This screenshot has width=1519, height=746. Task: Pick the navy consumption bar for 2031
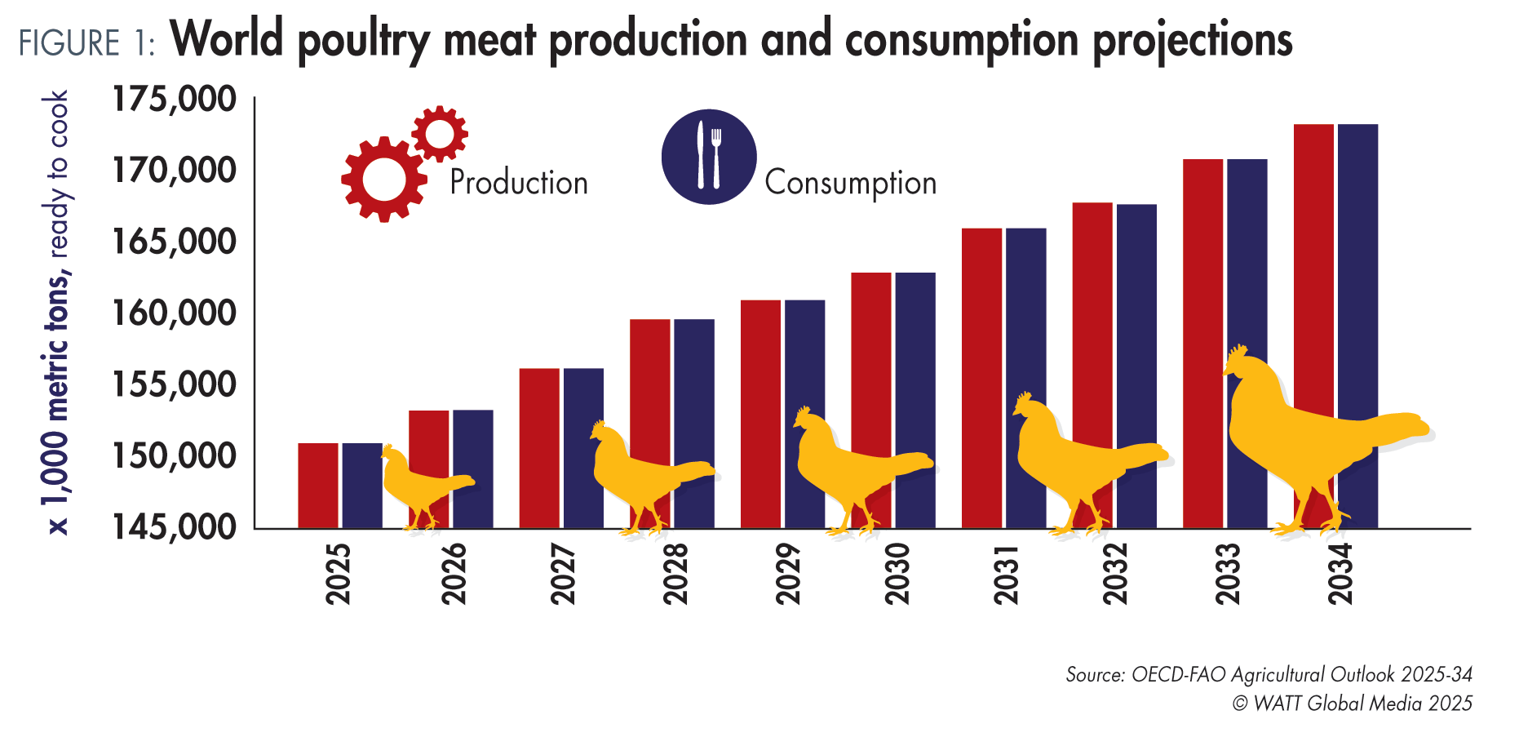click(1025, 326)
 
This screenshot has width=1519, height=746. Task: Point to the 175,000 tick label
click(174, 99)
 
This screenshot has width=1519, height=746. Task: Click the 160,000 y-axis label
click(174, 313)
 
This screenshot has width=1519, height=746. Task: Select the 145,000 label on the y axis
click(174, 527)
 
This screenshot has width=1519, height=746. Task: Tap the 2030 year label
click(897, 574)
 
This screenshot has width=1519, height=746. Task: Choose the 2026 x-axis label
click(454, 574)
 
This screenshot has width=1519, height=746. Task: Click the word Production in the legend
click(519, 182)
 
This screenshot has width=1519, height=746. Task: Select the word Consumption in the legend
click(850, 183)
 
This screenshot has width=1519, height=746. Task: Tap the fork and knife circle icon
click(708, 157)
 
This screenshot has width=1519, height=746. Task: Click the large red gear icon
click(383, 180)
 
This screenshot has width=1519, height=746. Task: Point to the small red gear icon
click(440, 132)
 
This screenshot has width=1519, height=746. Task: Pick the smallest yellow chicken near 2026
click(420, 486)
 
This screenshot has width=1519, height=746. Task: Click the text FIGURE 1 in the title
click(86, 43)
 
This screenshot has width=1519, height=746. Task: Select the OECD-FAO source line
click(1269, 675)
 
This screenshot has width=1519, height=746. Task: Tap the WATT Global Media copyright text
click(1352, 704)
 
